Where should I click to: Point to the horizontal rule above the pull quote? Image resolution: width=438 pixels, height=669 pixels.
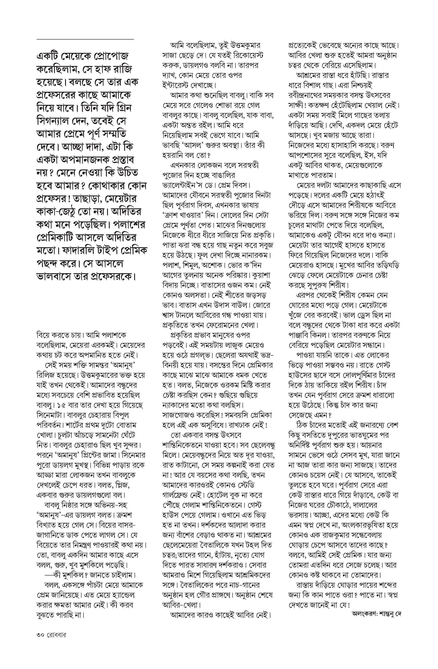(85, 39)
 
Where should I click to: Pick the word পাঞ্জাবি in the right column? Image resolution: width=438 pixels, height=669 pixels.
(301, 335)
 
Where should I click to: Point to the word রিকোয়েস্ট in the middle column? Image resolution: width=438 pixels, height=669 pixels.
(246, 55)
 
